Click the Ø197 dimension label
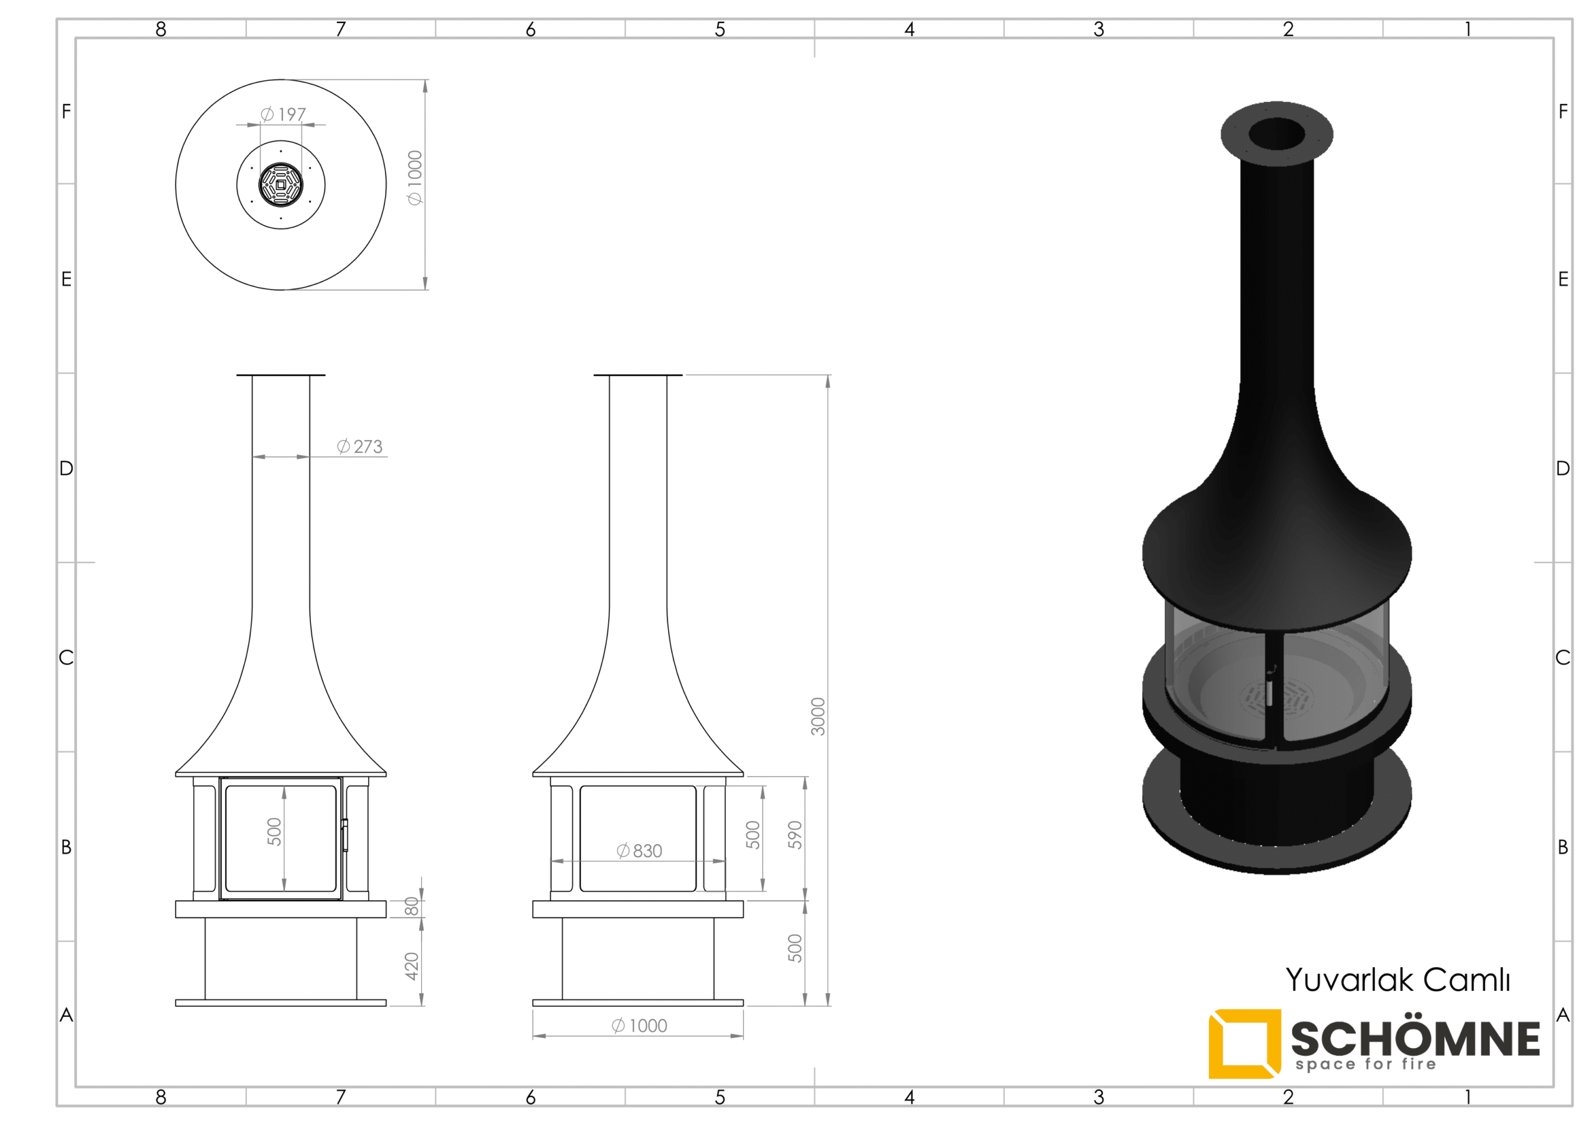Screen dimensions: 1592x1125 coord(283,114)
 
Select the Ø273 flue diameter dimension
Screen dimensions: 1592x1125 coord(360,446)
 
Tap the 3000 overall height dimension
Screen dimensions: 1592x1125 coord(818,716)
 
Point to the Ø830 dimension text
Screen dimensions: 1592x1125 coord(639,850)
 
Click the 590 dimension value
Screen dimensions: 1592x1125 coord(795,835)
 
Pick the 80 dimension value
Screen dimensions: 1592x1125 coord(412,906)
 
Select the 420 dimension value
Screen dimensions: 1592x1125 coord(412,967)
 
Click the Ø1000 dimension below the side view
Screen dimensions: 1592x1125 coord(639,1026)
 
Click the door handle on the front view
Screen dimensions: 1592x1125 coord(345,835)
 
